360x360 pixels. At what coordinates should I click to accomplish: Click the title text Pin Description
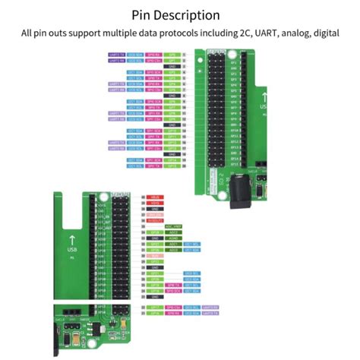(175, 14)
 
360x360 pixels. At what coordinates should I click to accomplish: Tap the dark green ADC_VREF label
(172, 226)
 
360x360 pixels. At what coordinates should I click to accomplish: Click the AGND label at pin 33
(172, 238)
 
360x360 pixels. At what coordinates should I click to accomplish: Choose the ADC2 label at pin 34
(172, 232)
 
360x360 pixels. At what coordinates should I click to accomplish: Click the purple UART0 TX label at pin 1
(116, 55)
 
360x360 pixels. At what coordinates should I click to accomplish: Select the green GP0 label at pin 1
(172, 55)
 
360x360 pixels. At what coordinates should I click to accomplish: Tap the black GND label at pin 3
(172, 67)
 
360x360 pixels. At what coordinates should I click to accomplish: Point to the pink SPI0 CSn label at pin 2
(153, 61)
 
